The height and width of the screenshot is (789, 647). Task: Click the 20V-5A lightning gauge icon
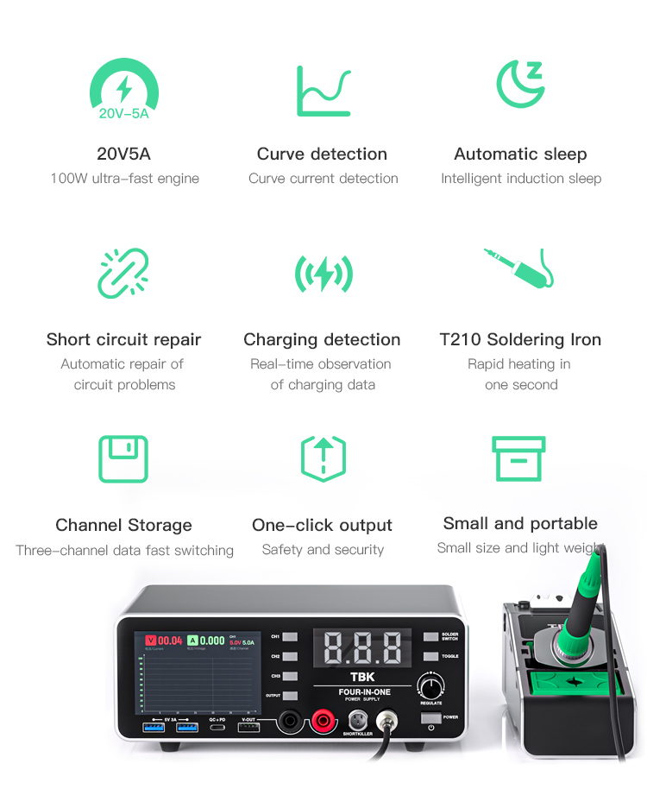(124, 91)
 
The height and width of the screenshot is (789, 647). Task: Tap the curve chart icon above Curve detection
(323, 91)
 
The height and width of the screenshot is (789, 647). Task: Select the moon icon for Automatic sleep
(520, 84)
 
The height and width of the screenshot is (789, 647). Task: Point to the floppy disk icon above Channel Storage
(123, 458)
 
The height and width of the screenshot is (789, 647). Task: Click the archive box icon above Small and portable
(518, 458)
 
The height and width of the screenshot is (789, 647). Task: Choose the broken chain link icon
(123, 273)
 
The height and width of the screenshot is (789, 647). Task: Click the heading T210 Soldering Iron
(520, 339)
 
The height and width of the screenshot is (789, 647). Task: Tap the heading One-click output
(322, 525)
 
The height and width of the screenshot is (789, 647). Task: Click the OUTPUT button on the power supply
(290, 696)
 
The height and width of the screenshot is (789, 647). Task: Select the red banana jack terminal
(324, 720)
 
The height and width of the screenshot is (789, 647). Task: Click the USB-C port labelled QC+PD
(217, 729)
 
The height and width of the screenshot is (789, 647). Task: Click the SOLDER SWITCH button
(430, 637)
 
